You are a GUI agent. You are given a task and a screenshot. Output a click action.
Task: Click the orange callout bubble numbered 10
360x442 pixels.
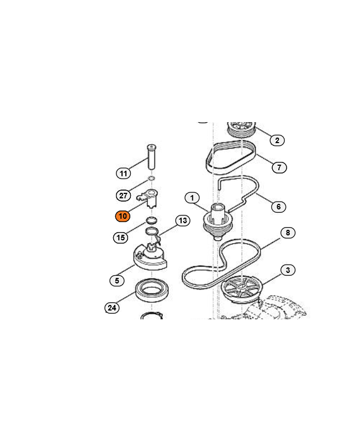click(x=123, y=216)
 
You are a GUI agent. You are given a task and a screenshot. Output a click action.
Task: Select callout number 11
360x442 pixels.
click(x=123, y=173)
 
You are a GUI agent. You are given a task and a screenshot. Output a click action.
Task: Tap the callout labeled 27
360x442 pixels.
click(x=123, y=196)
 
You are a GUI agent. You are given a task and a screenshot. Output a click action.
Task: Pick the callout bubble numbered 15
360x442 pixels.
click(x=120, y=238)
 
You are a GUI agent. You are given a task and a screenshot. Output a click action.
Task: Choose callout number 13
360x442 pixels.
click(x=183, y=220)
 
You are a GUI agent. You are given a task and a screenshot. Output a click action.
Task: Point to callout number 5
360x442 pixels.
click(x=117, y=281)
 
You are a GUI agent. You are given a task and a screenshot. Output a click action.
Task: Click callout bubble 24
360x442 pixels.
click(x=112, y=308)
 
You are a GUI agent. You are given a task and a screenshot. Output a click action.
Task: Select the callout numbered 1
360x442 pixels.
click(x=192, y=198)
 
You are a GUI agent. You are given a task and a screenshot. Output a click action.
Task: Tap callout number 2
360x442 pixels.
click(x=277, y=140)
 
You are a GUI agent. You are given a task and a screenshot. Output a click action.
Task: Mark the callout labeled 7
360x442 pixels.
click(x=279, y=167)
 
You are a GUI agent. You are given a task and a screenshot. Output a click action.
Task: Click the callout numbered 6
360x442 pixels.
click(x=279, y=207)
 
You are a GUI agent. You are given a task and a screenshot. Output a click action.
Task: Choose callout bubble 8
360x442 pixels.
click(x=288, y=233)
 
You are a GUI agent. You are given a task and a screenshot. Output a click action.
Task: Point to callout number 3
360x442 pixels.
click(x=288, y=270)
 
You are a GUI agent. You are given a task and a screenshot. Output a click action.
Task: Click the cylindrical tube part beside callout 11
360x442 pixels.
click(x=151, y=157)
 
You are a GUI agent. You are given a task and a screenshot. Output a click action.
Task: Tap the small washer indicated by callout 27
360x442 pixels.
click(x=151, y=178)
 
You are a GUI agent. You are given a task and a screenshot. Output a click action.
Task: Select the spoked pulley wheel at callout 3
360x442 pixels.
click(x=241, y=289)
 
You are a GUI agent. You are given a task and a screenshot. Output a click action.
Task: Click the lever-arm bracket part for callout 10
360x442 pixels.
click(x=149, y=198)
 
